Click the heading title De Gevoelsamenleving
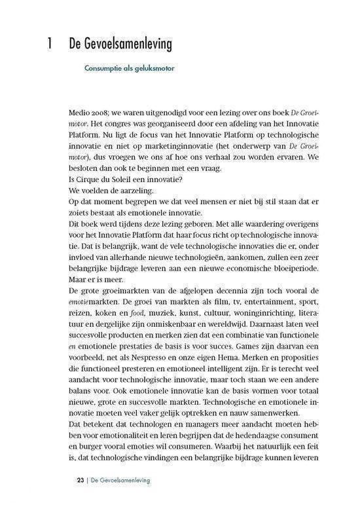pyautogui.click(x=120, y=45)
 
